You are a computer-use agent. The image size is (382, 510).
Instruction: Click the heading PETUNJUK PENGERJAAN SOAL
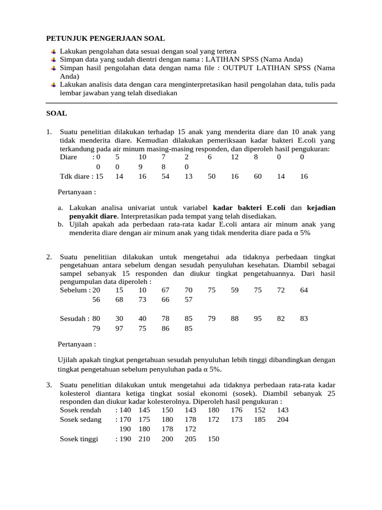coord(105,38)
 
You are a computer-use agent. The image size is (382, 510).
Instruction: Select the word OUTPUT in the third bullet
coord(237,68)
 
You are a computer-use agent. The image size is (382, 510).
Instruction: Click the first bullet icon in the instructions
coord(53,51)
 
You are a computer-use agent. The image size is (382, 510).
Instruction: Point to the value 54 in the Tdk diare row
coord(166,176)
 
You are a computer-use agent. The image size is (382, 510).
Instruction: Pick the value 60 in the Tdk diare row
coord(258,176)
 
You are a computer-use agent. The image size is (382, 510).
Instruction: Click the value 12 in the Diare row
coord(235,157)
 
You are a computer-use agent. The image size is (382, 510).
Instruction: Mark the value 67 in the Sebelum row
coord(166,290)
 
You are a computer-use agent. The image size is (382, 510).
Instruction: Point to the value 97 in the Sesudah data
coord(119,328)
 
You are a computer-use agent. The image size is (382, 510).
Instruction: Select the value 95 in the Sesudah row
coord(258,318)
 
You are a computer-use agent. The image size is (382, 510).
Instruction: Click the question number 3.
coord(49,385)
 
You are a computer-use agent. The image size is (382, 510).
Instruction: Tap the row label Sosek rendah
coord(80,410)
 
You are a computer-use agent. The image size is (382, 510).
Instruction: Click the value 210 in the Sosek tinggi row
coord(144,439)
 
